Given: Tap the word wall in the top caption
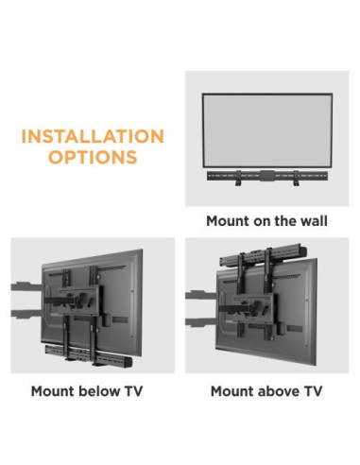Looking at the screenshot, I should [x=313, y=221].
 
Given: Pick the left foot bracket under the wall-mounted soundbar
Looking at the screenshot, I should [x=239, y=183].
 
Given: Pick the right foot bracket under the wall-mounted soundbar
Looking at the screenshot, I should [x=296, y=183].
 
